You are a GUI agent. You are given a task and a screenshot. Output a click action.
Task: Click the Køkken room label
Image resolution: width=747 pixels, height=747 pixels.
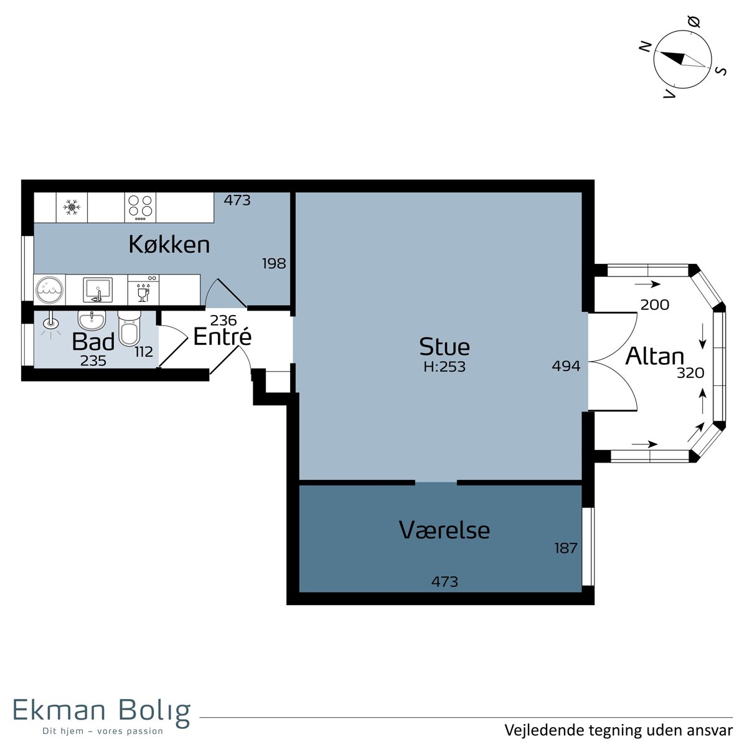pos(169,245)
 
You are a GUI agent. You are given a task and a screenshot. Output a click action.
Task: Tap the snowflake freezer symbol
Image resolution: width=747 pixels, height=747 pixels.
pos(72,207)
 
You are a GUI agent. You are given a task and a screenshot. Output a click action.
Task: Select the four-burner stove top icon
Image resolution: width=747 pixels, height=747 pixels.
pos(140,207)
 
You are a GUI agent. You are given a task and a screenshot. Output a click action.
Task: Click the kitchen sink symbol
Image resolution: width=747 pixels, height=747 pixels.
pos(98,289)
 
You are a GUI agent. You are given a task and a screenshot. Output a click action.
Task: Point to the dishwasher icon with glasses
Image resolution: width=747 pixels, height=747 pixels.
pos(143,289)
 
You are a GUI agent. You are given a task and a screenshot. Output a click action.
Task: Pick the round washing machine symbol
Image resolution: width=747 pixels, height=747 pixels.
pos(49,289)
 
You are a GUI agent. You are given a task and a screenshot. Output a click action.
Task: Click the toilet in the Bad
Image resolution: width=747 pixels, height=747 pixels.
pos(129,329)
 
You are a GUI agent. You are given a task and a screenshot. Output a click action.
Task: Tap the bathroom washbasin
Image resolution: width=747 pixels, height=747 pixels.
pos(92,320)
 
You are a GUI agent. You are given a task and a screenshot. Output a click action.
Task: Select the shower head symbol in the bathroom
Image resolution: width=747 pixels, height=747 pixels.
pos(50,322)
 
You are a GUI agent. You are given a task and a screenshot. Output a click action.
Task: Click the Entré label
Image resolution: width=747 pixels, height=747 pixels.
pos(222,337)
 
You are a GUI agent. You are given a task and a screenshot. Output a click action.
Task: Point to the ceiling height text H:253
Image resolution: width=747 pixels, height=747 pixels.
pos(444,367)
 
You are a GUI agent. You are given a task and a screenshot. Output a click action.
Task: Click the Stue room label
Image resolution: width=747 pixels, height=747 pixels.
pos(444,347)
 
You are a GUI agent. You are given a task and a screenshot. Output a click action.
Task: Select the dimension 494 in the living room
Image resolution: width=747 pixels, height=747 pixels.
pos(566,366)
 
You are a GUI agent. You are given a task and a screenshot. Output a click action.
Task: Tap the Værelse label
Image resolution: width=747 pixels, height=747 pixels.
pos(444,530)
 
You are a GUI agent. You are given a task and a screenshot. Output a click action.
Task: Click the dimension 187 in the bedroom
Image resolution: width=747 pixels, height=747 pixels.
pos(566,548)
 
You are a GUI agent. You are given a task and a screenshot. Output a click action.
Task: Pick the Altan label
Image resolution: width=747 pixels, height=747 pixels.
pos(655,356)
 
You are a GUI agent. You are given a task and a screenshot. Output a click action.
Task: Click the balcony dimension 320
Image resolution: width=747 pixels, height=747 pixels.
pos(690,373)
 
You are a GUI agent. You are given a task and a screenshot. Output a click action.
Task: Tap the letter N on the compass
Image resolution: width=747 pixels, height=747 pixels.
pos(645,47)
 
